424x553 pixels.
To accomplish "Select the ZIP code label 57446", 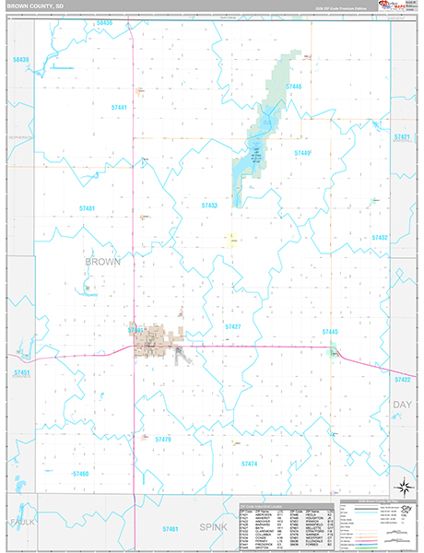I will tap(293, 87).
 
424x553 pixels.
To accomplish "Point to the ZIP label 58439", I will tap(21, 60).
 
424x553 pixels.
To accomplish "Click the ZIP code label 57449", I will tap(301, 153).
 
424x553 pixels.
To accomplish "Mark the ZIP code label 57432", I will tap(379, 238).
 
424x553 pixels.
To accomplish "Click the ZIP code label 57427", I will tap(233, 326).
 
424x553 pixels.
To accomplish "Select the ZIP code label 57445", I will tap(330, 331).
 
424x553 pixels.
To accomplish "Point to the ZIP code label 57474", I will tap(248, 464).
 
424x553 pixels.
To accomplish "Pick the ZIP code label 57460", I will tap(80, 474).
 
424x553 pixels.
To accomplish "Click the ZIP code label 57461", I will tap(169, 529).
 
